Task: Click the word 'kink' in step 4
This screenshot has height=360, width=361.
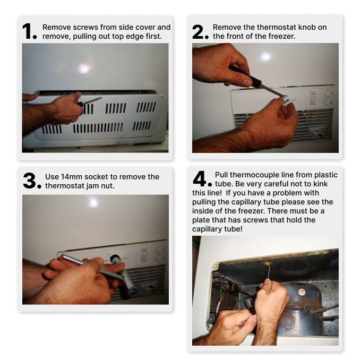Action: coord(320,184)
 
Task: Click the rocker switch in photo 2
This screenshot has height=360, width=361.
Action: coord(313,98)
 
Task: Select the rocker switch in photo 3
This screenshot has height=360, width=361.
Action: coord(144,255)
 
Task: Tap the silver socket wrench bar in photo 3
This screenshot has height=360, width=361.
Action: coord(92,267)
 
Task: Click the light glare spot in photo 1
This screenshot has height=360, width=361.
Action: coord(83,68)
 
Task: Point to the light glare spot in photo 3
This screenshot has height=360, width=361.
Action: coord(93,203)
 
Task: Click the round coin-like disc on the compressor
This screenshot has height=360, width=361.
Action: coord(302,292)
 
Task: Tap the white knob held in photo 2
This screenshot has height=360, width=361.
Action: coord(285,100)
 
